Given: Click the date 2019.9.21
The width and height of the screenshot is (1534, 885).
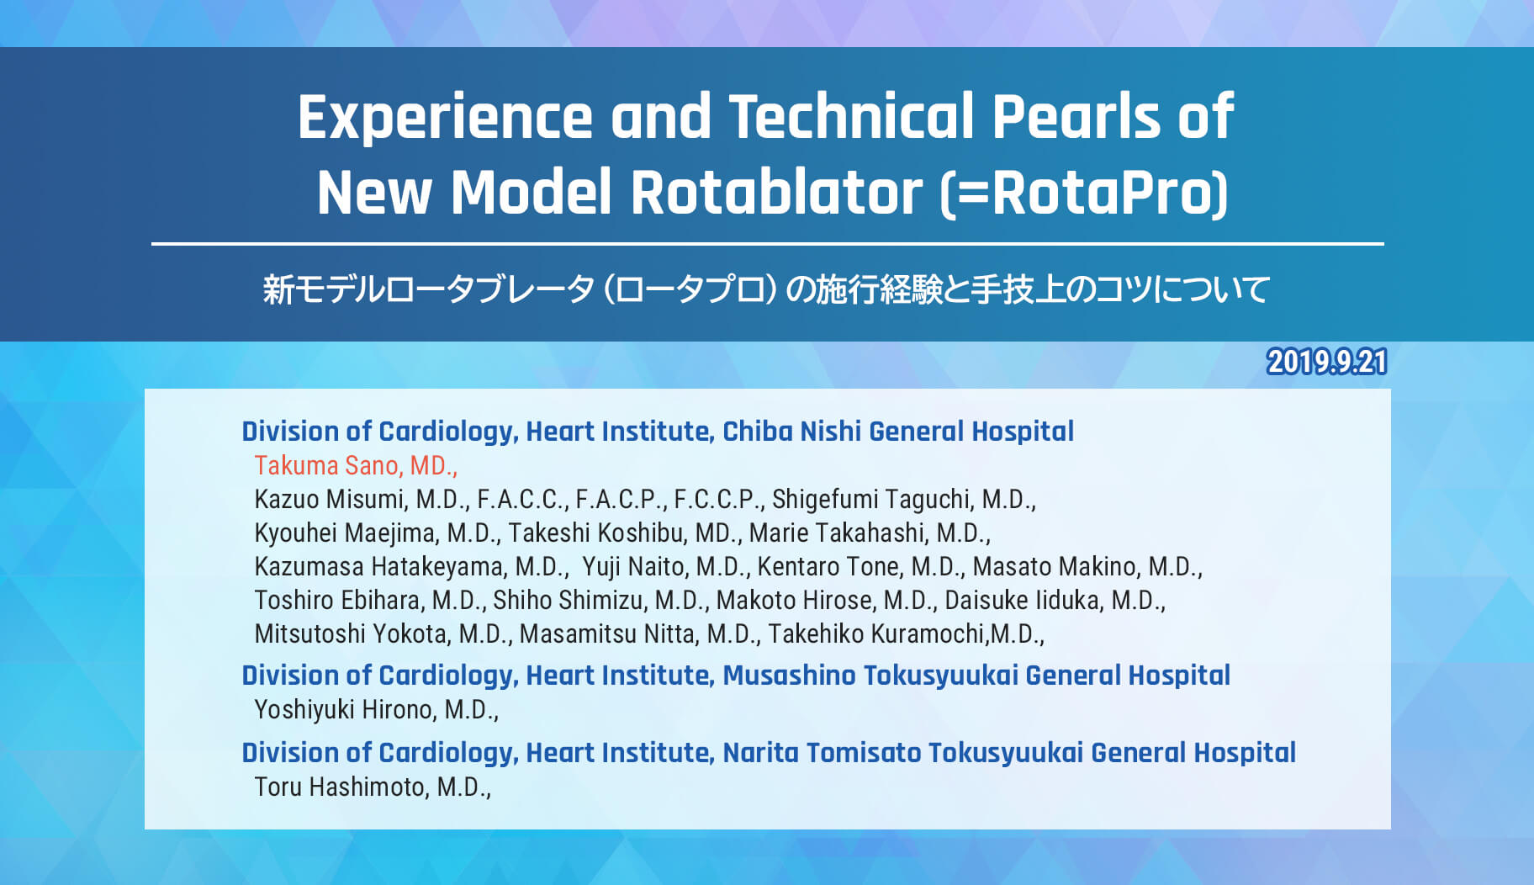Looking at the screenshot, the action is [x=1326, y=362].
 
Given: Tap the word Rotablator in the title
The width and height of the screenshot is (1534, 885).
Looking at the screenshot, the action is [x=777, y=193].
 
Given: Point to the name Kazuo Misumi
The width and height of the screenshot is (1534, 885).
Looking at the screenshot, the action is [x=330, y=499].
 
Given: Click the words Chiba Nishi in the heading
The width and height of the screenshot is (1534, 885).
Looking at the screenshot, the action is [x=791, y=431].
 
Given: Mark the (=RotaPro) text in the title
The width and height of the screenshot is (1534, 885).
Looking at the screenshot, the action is [x=1084, y=193].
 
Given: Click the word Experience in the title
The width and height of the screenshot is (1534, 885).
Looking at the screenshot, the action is [x=445, y=118].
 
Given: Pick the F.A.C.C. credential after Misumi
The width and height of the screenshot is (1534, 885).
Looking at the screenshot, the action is [x=522, y=499].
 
